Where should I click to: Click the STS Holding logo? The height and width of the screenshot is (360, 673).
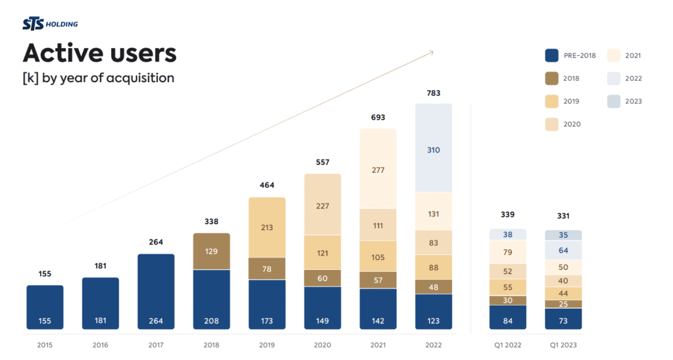click(x=50, y=24)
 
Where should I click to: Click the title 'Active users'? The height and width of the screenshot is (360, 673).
click(x=100, y=53)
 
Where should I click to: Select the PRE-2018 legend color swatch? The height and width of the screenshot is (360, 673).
click(x=552, y=56)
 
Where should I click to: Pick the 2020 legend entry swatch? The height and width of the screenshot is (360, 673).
click(x=552, y=124)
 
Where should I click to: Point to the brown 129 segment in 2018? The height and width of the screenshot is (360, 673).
click(x=212, y=251)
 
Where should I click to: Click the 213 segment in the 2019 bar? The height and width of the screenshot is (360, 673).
click(x=267, y=227)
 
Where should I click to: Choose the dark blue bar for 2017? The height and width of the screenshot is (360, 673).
click(x=156, y=292)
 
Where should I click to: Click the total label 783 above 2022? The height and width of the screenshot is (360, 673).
click(x=433, y=93)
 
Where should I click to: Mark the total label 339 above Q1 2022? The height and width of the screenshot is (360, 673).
click(x=507, y=215)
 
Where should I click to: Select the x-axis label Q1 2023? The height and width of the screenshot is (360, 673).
click(x=563, y=345)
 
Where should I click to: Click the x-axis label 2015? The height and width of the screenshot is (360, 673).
click(x=45, y=345)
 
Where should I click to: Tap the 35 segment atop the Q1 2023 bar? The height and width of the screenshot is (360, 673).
click(x=563, y=235)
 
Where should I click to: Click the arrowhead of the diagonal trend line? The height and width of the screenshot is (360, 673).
click(x=430, y=51)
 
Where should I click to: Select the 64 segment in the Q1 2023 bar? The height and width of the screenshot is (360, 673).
click(x=563, y=250)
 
